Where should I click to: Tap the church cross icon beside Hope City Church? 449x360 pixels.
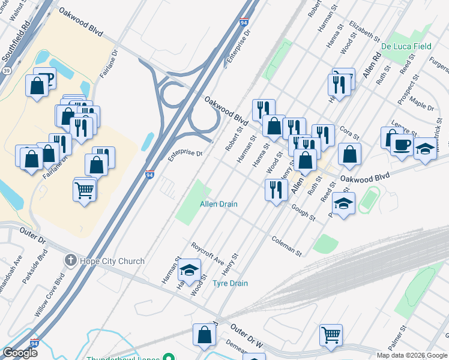71,261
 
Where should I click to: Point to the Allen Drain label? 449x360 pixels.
218,205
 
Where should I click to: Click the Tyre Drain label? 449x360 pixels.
231,283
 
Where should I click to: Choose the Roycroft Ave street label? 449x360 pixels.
207,254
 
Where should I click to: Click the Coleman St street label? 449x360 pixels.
286,245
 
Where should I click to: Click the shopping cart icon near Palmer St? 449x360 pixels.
331,334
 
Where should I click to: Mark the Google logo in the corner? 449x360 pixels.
20,353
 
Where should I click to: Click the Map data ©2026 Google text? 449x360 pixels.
412,355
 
